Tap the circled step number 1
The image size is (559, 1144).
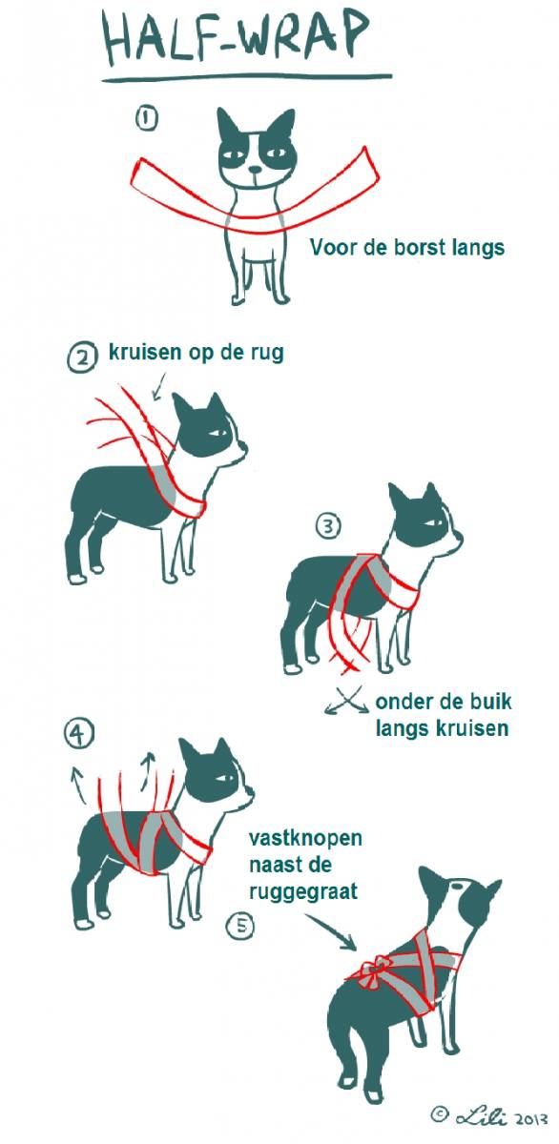pos(146,118)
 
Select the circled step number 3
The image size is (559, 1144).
pos(328,526)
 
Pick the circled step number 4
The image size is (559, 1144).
pos(78,735)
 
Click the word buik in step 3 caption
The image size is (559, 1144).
pos(491,702)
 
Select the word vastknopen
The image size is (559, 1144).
pos(305,838)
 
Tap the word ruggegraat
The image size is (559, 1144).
pos(303,891)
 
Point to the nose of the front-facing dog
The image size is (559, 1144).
pos(254,170)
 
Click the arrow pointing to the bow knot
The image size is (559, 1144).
pos(331,931)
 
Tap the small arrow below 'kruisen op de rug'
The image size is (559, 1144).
pos(159,385)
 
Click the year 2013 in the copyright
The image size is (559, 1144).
pos(531,1129)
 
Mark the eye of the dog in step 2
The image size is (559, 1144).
pos(219,433)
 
